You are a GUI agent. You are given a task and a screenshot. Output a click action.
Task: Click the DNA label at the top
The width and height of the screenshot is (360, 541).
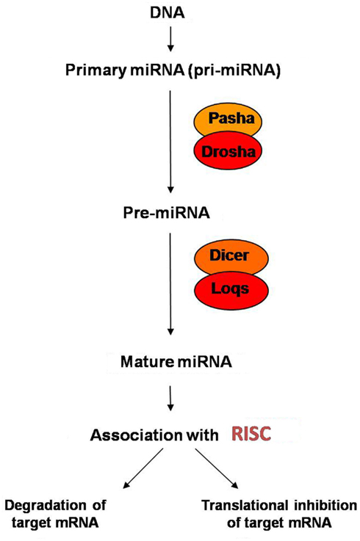(x=168, y=13)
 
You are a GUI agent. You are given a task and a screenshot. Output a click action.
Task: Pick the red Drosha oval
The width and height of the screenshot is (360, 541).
(x=228, y=151)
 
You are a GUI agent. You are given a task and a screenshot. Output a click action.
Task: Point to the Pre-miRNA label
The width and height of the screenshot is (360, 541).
(x=166, y=213)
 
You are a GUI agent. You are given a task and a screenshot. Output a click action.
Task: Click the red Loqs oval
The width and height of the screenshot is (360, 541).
(x=231, y=289)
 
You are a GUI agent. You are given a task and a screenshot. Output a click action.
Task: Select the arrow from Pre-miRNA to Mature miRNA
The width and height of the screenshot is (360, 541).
(x=170, y=283)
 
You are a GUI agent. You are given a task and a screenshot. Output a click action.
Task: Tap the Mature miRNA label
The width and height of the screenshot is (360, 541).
(x=176, y=362)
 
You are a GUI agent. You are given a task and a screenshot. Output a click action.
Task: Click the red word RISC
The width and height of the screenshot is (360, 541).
(x=251, y=434)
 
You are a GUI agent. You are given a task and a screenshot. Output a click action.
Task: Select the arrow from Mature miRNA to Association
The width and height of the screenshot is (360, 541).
(x=170, y=399)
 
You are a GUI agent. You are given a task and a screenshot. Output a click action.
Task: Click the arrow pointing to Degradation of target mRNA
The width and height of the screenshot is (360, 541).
(x=143, y=468)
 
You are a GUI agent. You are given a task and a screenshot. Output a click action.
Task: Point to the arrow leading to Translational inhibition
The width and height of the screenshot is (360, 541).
(x=217, y=468)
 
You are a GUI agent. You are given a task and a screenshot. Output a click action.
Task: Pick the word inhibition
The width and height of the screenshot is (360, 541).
(x=325, y=506)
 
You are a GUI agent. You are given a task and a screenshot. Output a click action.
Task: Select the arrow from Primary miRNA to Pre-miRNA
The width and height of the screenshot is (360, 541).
(x=170, y=142)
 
